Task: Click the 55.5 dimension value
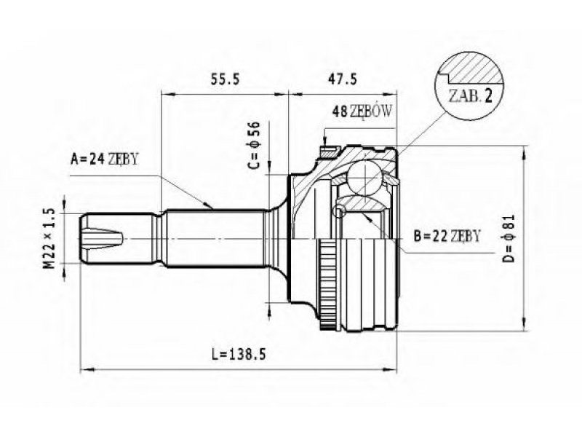point(226,79)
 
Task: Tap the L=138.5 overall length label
point(239,355)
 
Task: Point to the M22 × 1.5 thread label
point(49,238)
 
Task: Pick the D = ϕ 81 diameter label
point(510,238)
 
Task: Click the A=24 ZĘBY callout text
point(104,159)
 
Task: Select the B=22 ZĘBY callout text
point(447,235)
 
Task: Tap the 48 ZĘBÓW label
point(362,111)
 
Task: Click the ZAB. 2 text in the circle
point(471,96)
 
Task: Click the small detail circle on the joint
point(339,211)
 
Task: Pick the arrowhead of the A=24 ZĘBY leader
point(209,205)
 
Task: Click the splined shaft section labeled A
point(215,238)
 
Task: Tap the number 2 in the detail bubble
point(487,96)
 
